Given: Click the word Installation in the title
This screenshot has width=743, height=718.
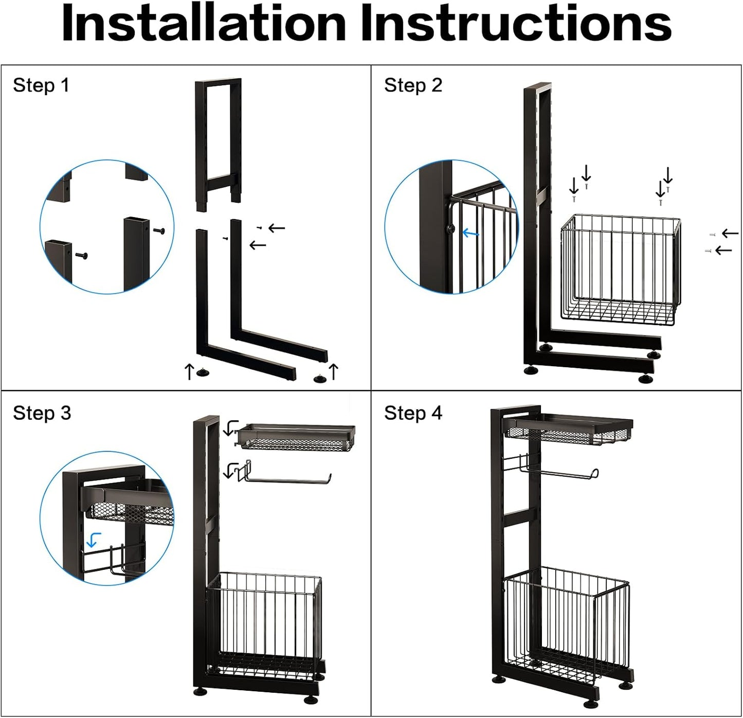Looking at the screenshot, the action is tap(204, 24).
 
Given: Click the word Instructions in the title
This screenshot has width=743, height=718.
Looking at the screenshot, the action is tap(516, 24).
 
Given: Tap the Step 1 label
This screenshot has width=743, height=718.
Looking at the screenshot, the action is tap(41, 85).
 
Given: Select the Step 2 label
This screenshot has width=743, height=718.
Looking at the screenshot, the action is tap(413, 85).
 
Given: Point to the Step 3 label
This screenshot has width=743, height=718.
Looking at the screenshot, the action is tap(42, 413).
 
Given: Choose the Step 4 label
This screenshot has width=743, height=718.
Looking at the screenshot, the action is tap(413, 413).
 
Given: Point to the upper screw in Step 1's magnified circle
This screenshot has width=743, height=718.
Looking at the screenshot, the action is tap(159, 231).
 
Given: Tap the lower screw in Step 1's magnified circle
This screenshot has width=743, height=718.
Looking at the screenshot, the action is tap(82, 255).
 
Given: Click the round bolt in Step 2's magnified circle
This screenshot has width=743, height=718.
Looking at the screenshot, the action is tap(451, 229).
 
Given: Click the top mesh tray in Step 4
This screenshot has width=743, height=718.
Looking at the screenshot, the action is tap(568, 429).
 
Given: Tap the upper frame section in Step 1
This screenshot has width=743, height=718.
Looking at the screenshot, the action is tap(218, 145).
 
